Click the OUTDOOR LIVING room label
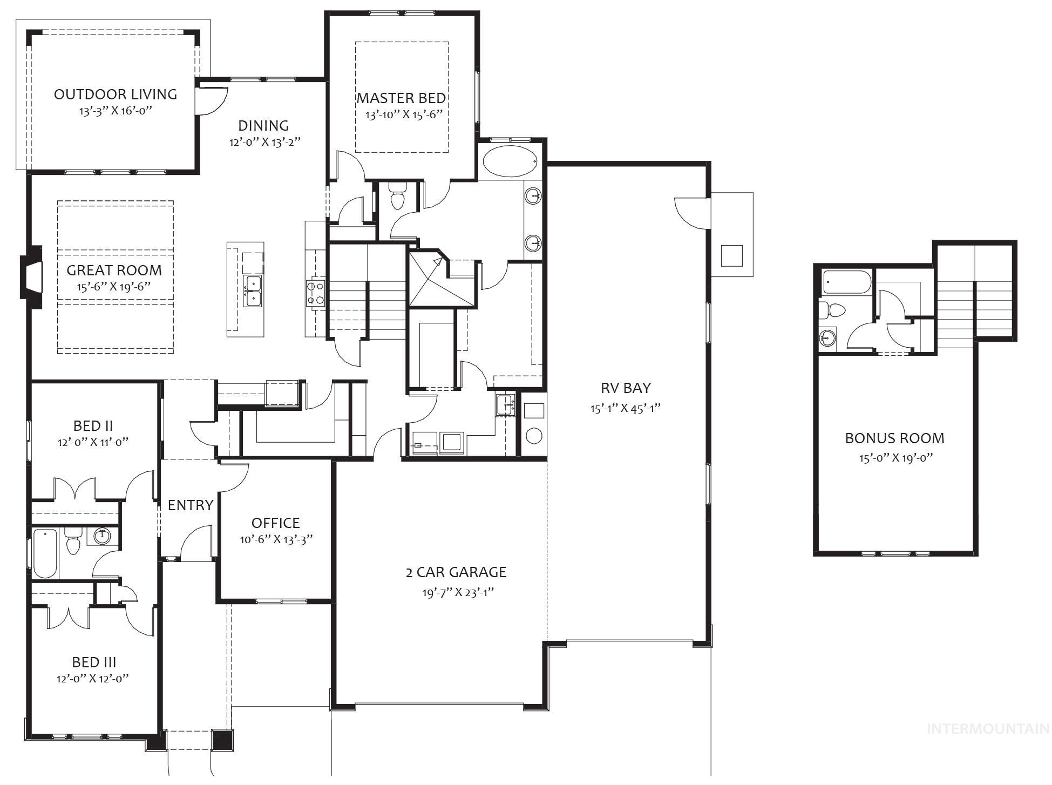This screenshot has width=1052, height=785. [x=115, y=94]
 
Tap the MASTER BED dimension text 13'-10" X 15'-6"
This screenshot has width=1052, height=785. [x=404, y=114]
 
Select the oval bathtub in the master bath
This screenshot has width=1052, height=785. [x=510, y=161]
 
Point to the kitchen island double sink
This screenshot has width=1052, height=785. [x=252, y=291]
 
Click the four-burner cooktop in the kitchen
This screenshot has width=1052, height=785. [x=315, y=292]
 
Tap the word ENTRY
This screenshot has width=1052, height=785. [x=190, y=505]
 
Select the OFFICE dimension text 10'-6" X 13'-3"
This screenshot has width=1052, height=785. [x=276, y=539]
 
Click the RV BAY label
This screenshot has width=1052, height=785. [x=626, y=388]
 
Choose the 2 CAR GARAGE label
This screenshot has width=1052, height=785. [x=456, y=572]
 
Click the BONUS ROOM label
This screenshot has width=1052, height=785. [x=894, y=438]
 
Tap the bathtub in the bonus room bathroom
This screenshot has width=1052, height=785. [x=846, y=282]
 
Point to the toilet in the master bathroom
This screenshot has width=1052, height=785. [x=398, y=198]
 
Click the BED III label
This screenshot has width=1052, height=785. [x=94, y=662]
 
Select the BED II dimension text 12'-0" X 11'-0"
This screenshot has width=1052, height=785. [x=93, y=442]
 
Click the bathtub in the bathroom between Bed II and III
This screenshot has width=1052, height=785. [x=45, y=553]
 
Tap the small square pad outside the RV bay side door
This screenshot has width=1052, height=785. [x=731, y=255]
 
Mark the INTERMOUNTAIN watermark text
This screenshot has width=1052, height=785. [x=987, y=729]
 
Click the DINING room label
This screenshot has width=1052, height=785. [x=263, y=125]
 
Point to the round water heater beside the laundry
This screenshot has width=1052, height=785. [x=533, y=435]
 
